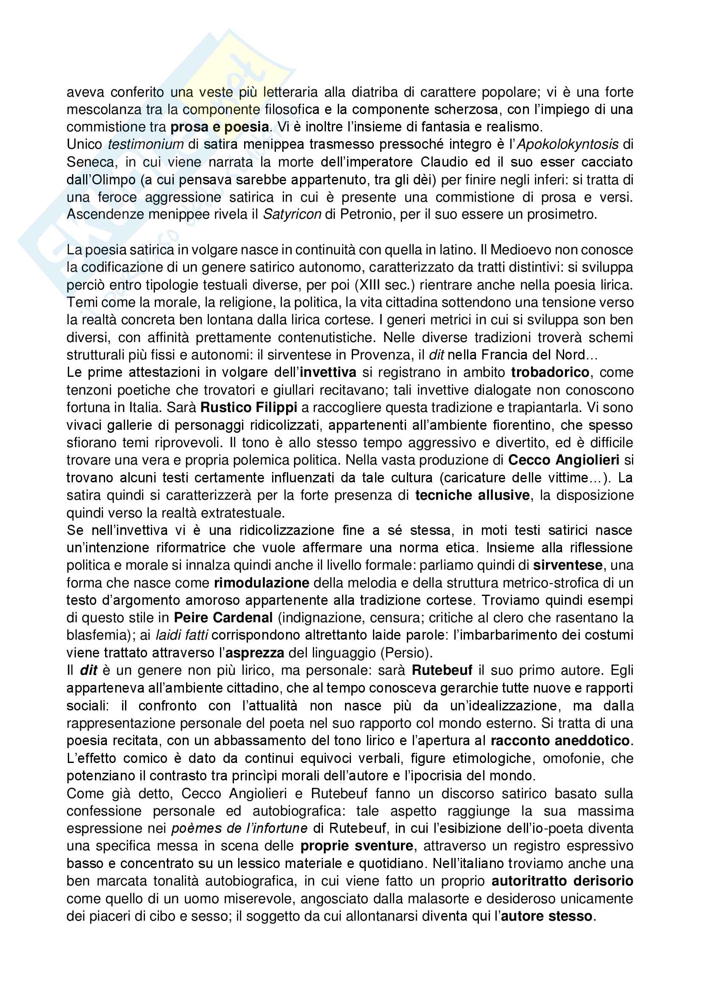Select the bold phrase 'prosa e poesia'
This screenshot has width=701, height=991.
[220, 127]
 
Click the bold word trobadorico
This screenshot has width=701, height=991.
[550, 372]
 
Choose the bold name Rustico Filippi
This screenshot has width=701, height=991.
[249, 407]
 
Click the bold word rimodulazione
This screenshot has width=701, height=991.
[261, 583]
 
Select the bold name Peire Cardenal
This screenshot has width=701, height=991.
[223, 618]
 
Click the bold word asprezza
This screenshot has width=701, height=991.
[255, 653]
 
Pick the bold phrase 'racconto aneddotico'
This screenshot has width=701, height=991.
[560, 740]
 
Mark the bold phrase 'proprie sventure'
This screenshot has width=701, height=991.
[357, 846]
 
